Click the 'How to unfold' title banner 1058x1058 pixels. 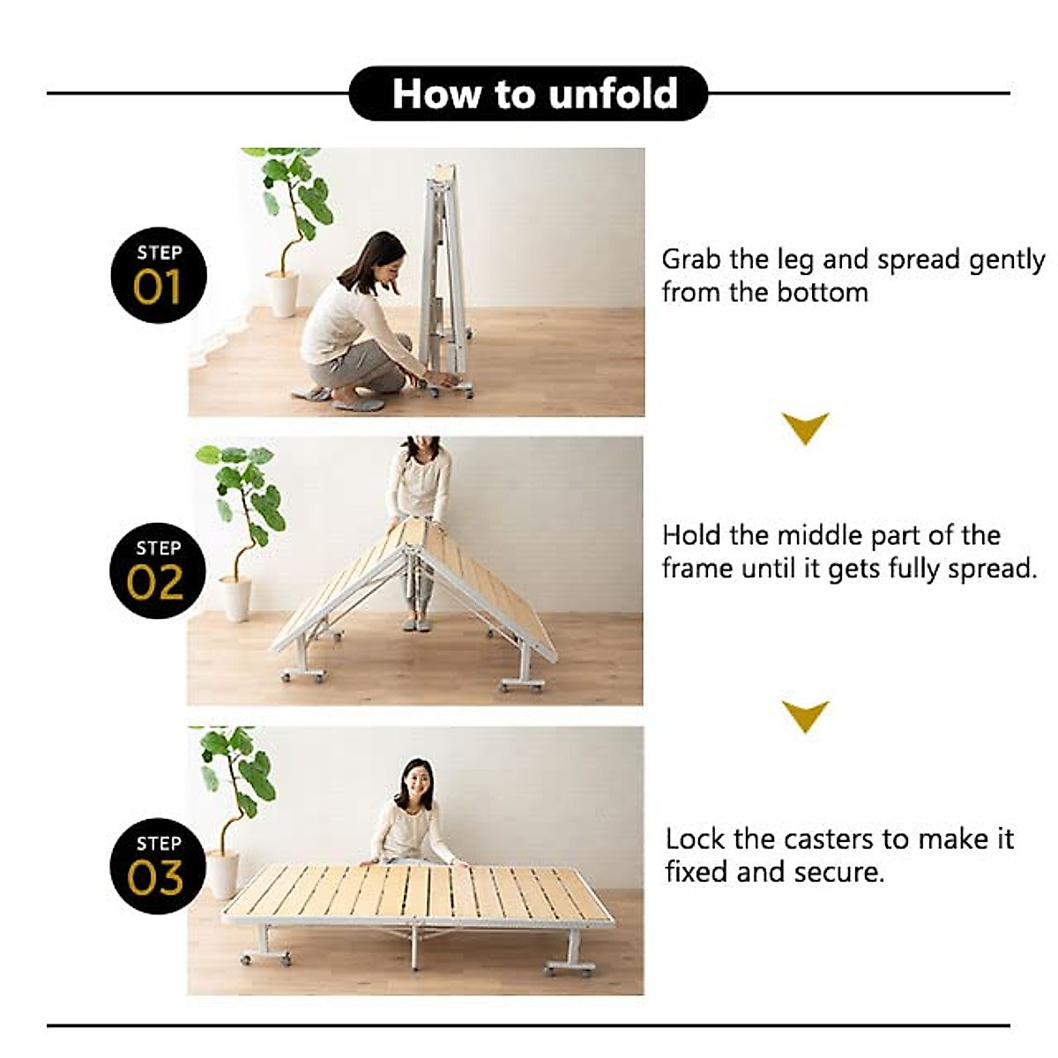click(x=529, y=93)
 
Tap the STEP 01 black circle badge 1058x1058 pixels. click(x=159, y=275)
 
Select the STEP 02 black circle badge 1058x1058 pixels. click(x=158, y=570)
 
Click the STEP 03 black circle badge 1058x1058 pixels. click(x=158, y=866)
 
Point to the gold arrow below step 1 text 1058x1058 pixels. click(x=805, y=428)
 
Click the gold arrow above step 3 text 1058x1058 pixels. click(x=805, y=715)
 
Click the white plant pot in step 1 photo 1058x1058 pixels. click(x=283, y=294)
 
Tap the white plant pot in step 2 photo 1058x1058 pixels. click(x=235, y=599)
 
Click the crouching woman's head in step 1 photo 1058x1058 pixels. click(x=379, y=258)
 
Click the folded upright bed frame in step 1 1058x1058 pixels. click(x=443, y=273)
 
